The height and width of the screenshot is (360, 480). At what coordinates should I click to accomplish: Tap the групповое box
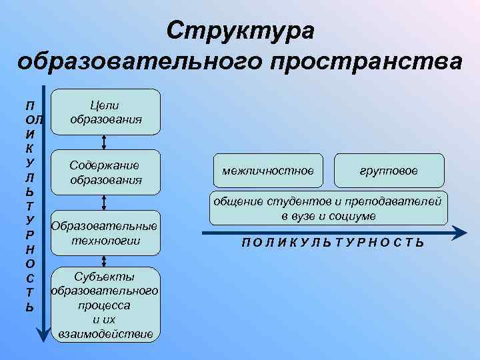pyautogui.click(x=389, y=171)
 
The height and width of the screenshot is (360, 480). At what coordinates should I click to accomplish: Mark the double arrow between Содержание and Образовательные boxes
pyautogui.click(x=105, y=202)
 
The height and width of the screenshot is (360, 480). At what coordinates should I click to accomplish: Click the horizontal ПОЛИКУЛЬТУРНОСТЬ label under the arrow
pyautogui.click(x=332, y=243)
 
